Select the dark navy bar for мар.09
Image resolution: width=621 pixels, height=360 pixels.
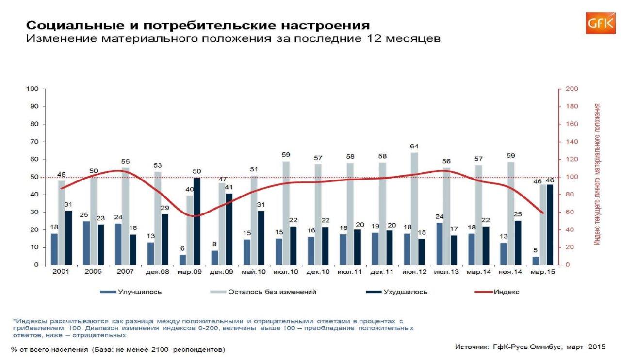197,221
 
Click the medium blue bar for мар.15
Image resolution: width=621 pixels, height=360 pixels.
536,261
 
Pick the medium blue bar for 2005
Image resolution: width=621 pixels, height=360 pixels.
86,243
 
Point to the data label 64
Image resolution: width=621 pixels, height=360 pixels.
414,146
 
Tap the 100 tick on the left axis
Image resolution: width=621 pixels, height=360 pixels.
33,89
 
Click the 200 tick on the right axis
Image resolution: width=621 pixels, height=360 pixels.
571,89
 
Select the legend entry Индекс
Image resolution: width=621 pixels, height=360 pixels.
507,292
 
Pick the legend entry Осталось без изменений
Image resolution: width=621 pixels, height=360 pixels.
272,292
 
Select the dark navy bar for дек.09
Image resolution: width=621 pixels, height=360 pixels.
229,229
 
